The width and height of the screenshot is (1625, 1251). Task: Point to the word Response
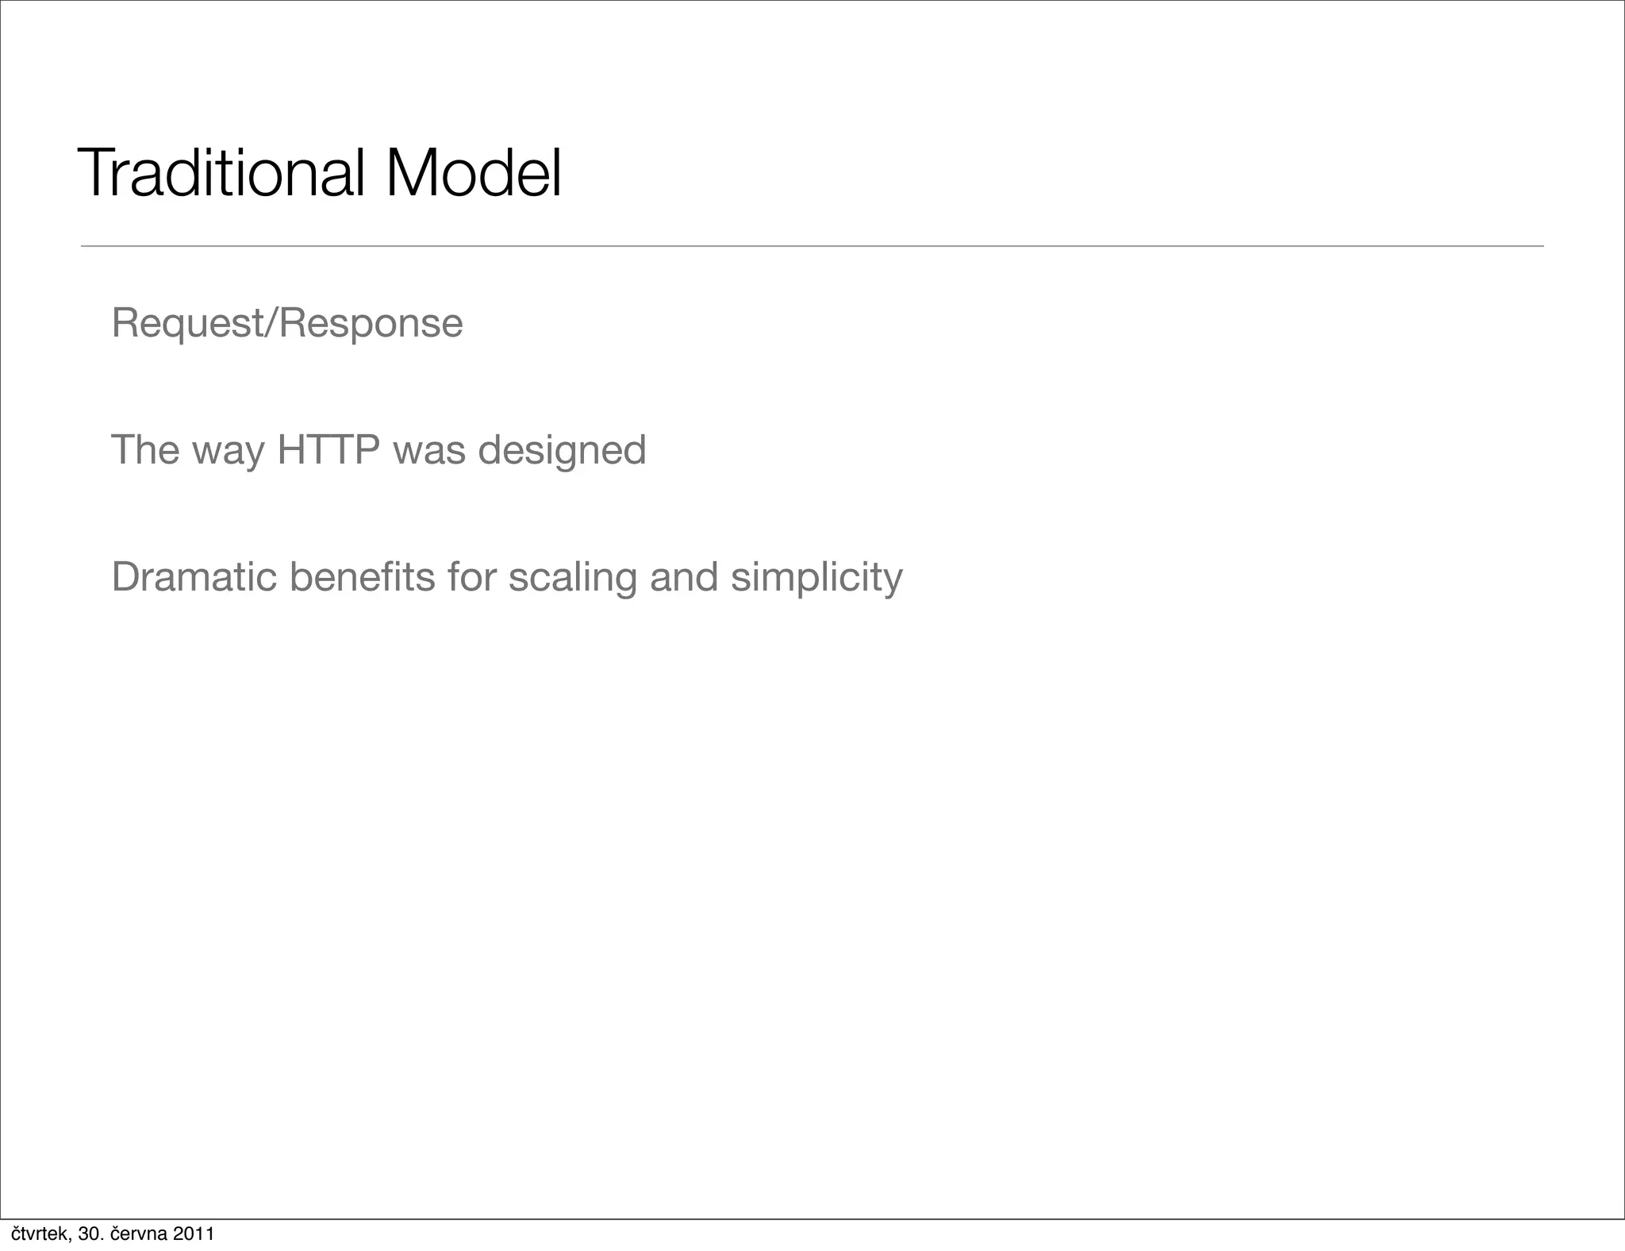coord(371,324)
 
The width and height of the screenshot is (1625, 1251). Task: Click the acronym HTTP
coord(328,450)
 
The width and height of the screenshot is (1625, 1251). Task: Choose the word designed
coord(562,450)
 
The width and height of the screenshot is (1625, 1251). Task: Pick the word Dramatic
coord(194,577)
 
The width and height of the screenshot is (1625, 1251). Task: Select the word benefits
coord(362,577)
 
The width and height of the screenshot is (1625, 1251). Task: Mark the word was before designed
coord(429,451)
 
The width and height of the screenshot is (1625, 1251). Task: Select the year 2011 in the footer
coord(194,1234)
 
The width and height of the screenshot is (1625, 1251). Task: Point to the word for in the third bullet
coord(471,577)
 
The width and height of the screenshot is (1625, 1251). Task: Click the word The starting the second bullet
coord(145,450)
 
